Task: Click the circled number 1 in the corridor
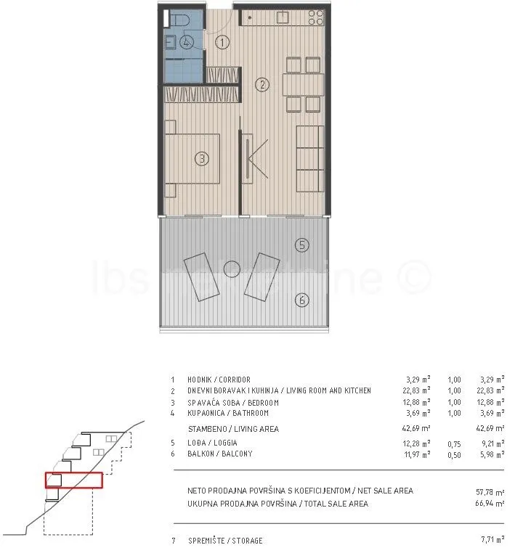222,43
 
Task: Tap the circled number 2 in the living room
262,85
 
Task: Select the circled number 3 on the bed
202,158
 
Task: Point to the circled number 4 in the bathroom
187,42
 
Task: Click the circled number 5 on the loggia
301,245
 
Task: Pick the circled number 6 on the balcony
301,300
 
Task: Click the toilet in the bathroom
179,18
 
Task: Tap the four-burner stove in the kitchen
315,17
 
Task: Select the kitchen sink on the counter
283,17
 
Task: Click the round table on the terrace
232,269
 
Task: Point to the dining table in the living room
303,85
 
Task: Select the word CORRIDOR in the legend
235,380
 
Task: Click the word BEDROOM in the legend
264,403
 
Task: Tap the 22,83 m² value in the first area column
416,390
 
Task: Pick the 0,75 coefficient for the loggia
454,444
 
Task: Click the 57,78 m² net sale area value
490,491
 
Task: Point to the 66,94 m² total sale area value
490,503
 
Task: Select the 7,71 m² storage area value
492,539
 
